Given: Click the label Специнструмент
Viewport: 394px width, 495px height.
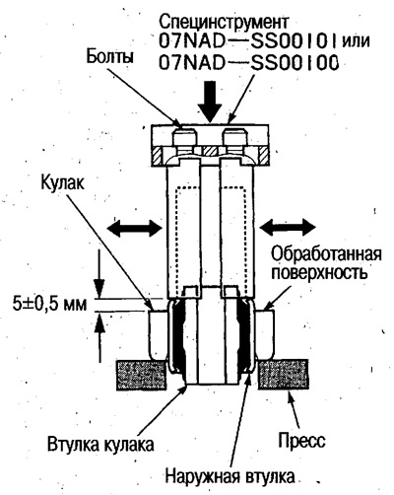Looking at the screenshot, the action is pyautogui.click(x=224, y=23).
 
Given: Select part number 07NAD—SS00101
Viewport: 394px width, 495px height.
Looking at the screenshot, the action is pyautogui.click(x=249, y=41).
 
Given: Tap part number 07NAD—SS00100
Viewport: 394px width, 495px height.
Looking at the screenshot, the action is pyautogui.click(x=249, y=63).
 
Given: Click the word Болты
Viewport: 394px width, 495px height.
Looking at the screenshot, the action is pyautogui.click(x=109, y=57).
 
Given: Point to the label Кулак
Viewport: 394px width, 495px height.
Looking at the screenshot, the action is pyautogui.click(x=62, y=182).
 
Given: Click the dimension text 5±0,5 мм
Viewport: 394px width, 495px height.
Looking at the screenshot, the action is pyautogui.click(x=50, y=304).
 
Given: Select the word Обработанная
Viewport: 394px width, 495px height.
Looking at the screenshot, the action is pyautogui.click(x=327, y=254).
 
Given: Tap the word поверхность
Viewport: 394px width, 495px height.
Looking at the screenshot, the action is pyautogui.click(x=319, y=273).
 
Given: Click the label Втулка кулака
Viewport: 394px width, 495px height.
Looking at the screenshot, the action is pyautogui.click(x=100, y=445).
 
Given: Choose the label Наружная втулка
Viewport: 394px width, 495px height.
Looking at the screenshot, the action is pyautogui.click(x=230, y=476).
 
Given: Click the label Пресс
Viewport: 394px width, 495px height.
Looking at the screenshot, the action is pyautogui.click(x=302, y=440).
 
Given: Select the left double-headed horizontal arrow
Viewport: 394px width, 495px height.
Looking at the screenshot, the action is pyautogui.click(x=135, y=227).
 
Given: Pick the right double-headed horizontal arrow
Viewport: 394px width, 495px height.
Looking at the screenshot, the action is pyautogui.click(x=288, y=227).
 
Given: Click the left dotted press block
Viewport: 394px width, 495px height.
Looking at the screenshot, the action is pyautogui.click(x=141, y=375).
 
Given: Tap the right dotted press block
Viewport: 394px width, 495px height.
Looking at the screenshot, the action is pyautogui.click(x=284, y=375).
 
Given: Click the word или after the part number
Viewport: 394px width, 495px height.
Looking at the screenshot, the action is pyautogui.click(x=357, y=42).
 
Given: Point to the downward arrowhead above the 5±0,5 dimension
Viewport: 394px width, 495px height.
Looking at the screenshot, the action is pyautogui.click(x=98, y=288).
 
